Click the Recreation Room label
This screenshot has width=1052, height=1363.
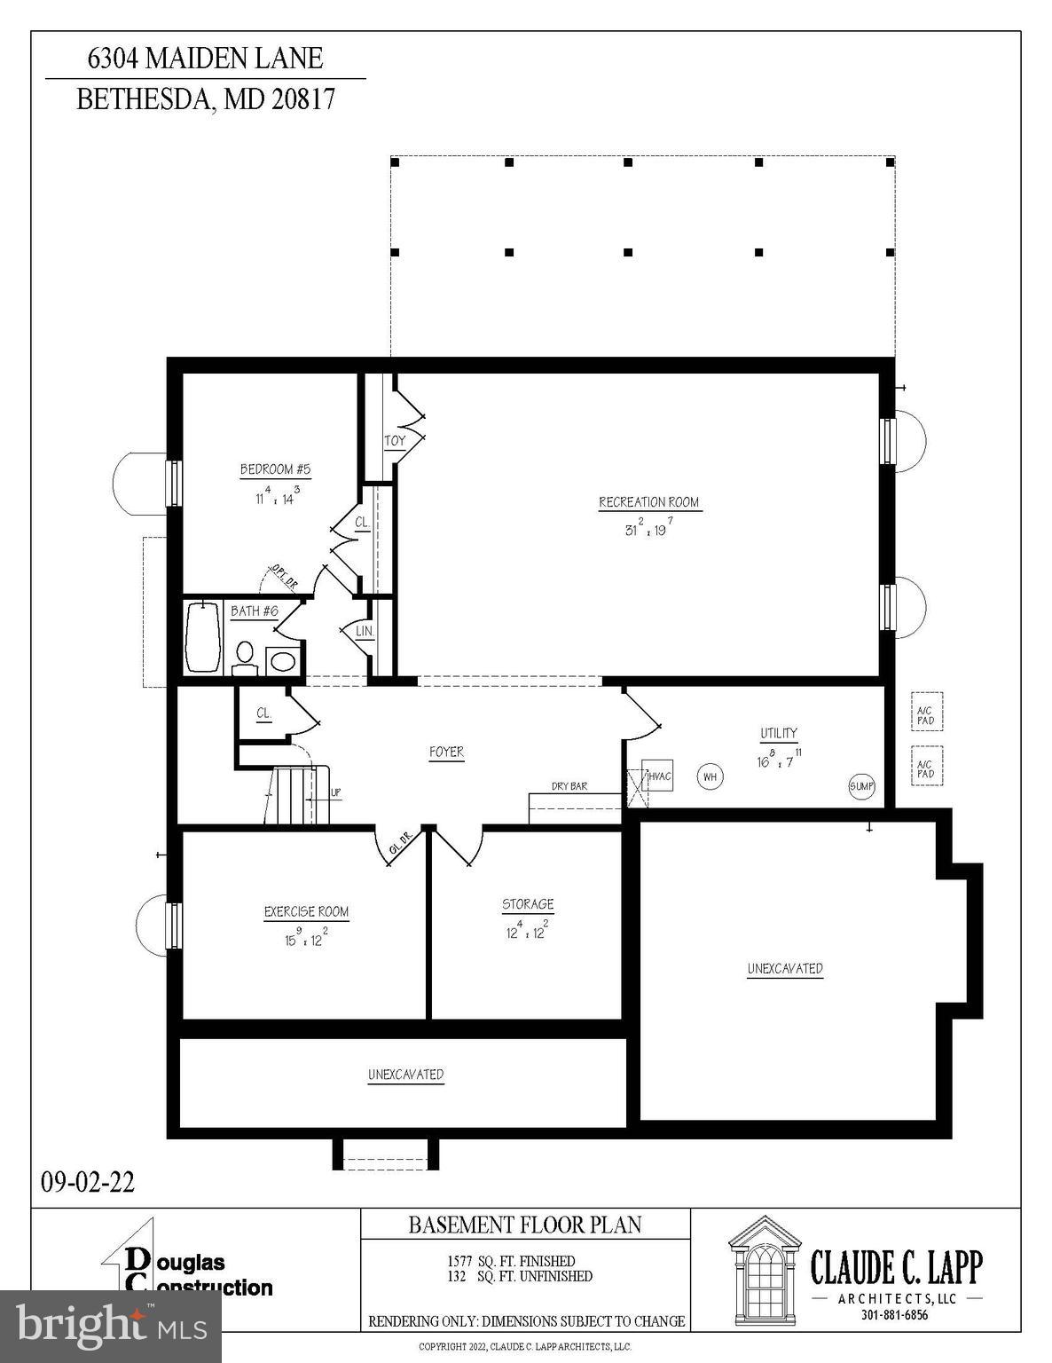[x=648, y=502]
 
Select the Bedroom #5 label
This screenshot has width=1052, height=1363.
[x=275, y=469]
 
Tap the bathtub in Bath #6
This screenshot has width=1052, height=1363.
[x=203, y=637]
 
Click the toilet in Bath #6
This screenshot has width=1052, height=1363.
[x=244, y=657]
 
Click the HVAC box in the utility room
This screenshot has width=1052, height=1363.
[x=658, y=776]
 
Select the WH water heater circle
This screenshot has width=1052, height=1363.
[x=709, y=777]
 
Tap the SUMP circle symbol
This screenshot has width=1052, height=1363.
[x=861, y=786]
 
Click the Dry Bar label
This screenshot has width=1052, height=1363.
[x=569, y=786]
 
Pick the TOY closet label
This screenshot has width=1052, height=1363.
[x=395, y=441]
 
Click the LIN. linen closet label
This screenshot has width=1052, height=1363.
[x=365, y=632]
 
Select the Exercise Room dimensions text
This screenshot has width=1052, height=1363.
[x=306, y=938]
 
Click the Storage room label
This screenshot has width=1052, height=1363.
[x=528, y=904]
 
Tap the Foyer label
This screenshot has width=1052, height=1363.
[x=446, y=752]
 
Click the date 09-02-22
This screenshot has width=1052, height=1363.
[x=88, y=1182]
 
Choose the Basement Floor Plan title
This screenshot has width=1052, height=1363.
[x=524, y=1225]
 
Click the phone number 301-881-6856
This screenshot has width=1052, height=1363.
[x=894, y=1315]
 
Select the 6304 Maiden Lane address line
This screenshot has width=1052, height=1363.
[x=205, y=59]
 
